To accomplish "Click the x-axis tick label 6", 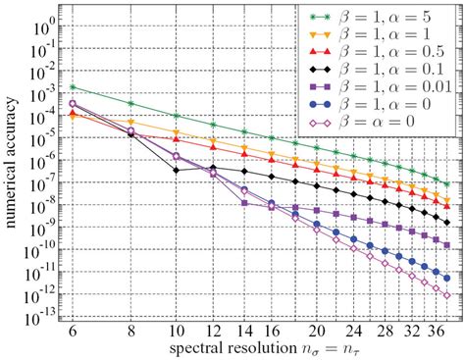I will (x=72, y=330).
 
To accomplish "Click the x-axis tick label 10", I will (x=176, y=330).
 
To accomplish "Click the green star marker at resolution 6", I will (x=73, y=86).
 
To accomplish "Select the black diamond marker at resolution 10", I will (x=176, y=170).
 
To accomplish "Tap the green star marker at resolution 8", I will (x=131, y=103).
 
